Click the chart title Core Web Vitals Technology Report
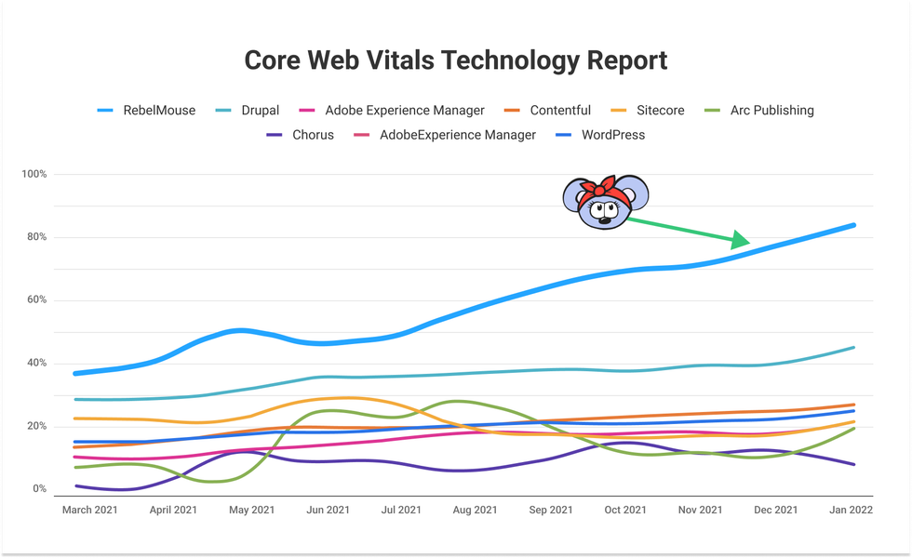pyautogui.click(x=456, y=60)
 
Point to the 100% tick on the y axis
pyautogui.click(x=34, y=175)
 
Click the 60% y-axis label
pyautogui.click(x=34, y=300)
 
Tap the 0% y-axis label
pyautogui.click(x=39, y=489)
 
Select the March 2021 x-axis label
pyautogui.click(x=90, y=510)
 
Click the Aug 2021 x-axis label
pyautogui.click(x=474, y=510)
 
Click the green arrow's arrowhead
pyautogui.click(x=741, y=240)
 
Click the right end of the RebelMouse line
pyautogui.click(x=853, y=225)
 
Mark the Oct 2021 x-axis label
pyautogui.click(x=625, y=510)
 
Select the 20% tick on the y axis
pyautogui.click(x=34, y=426)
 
